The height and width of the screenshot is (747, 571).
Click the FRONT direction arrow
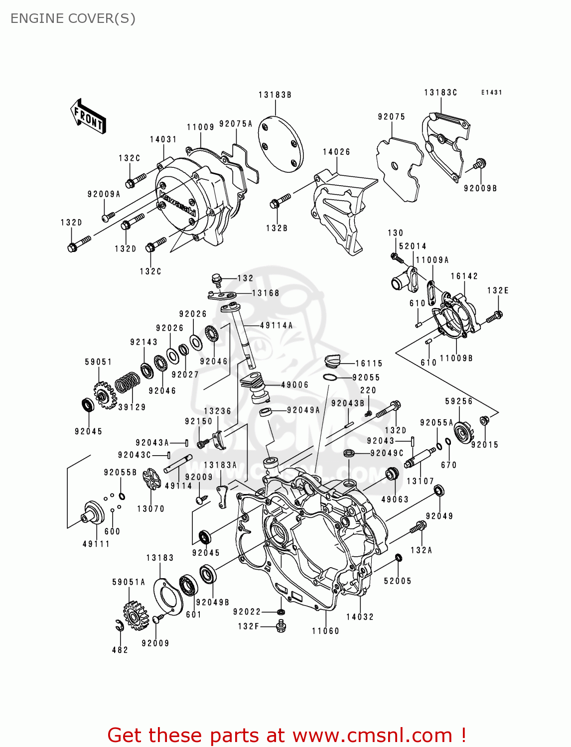(x=88, y=117)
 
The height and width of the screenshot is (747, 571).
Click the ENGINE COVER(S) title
(x=73, y=18)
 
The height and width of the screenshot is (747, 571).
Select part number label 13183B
(x=275, y=95)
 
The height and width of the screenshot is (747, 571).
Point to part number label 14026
(x=336, y=152)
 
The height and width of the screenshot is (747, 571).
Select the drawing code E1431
(x=491, y=93)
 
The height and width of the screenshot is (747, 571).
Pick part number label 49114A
(x=277, y=326)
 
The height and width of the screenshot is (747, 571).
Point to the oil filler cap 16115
(x=332, y=360)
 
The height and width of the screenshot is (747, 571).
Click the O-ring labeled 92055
(x=330, y=377)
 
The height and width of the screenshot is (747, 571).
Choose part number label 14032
(x=360, y=617)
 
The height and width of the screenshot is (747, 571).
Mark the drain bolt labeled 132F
(x=281, y=626)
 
